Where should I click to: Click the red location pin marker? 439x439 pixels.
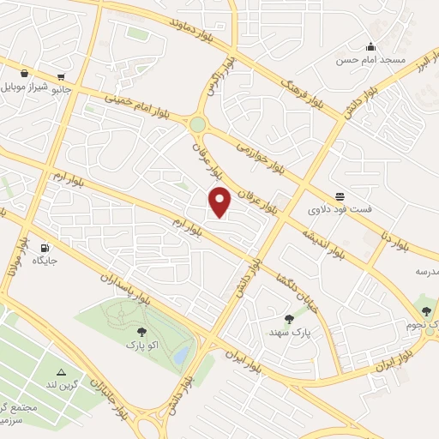220,202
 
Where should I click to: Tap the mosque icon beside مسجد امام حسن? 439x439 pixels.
370,46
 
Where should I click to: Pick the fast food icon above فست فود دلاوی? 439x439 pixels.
340,195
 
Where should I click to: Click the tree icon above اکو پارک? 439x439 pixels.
141,331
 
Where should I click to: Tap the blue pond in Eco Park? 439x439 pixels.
181,354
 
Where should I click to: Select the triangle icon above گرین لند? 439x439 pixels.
61,372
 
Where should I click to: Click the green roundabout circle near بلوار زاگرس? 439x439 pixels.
198,124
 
